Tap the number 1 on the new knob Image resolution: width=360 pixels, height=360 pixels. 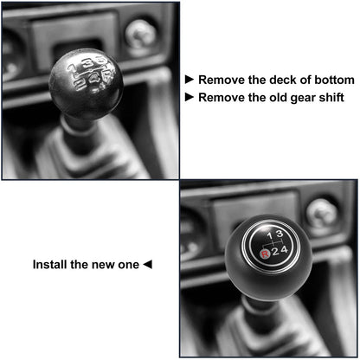pyautogui.click(x=268, y=235)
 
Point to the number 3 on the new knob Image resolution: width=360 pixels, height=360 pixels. pyautogui.click(x=279, y=234)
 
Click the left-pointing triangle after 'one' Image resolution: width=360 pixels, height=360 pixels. pyautogui.click(x=146, y=264)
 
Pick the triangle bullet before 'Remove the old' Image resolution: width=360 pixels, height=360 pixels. pyautogui.click(x=190, y=97)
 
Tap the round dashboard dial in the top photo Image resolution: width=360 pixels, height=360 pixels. pyautogui.click(x=140, y=34)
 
